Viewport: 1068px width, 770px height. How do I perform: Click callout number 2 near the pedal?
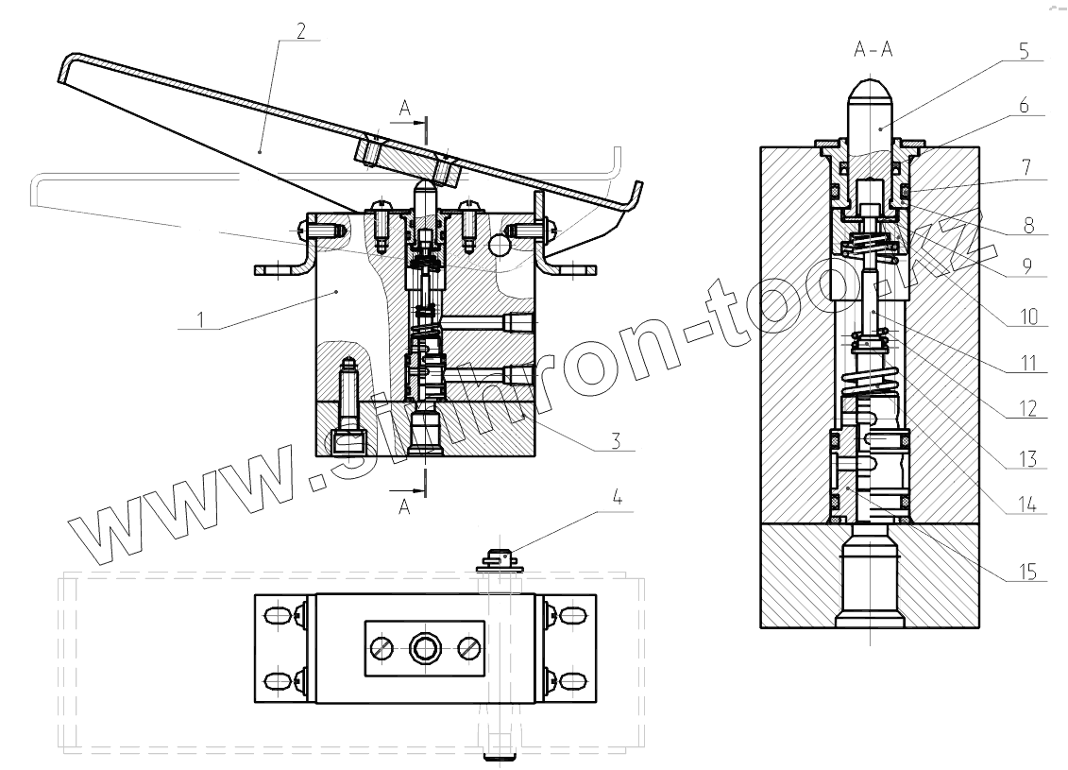pos(300,30)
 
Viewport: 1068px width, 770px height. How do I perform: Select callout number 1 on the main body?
pos(200,319)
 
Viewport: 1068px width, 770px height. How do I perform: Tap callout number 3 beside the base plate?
pos(616,441)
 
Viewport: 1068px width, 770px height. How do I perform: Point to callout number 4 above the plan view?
pos(617,497)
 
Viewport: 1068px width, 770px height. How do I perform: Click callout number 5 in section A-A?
pos(1024,50)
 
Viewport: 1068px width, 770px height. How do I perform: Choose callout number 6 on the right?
pos(1024,106)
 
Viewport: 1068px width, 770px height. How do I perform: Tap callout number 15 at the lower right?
pos(1027,571)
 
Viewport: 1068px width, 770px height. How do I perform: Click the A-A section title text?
pos(873,49)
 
